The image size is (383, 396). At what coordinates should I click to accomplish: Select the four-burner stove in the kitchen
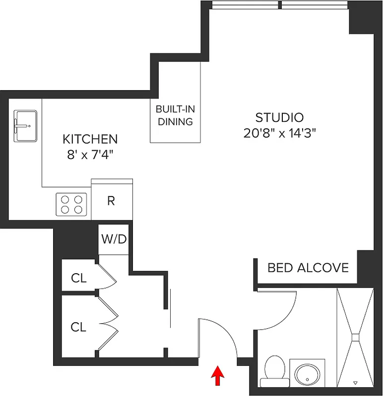(x=71, y=204)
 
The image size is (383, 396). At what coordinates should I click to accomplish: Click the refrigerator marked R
(x=112, y=201)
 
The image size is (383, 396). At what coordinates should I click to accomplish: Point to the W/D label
(x=114, y=239)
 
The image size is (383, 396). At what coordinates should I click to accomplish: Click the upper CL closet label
(x=78, y=278)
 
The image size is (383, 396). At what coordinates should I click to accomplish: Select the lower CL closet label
(x=78, y=327)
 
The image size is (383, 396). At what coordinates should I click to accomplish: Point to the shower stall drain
(x=355, y=337)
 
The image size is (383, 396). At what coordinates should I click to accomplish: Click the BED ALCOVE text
(x=308, y=268)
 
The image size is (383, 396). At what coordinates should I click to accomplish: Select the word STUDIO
(x=279, y=118)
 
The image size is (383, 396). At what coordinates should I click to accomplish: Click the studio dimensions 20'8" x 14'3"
(x=280, y=133)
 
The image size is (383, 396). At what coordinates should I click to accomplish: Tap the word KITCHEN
(x=90, y=139)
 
